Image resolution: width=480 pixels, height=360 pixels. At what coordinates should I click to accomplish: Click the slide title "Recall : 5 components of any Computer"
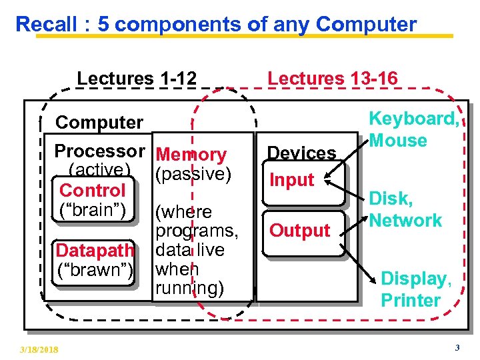click(216, 24)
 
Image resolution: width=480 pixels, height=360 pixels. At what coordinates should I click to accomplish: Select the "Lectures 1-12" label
click(137, 79)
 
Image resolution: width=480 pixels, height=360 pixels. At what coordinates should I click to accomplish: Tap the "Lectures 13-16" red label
click(332, 79)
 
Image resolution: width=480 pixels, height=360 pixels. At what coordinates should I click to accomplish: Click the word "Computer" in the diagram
click(99, 123)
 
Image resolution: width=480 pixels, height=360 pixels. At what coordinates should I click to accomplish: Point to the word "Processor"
click(99, 151)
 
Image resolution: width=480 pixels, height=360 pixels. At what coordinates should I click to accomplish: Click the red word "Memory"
click(191, 155)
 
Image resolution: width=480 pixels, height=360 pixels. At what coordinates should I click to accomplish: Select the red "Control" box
click(93, 191)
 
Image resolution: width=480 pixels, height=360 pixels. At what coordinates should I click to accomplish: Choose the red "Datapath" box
click(95, 251)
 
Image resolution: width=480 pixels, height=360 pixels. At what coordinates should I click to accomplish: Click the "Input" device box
click(291, 180)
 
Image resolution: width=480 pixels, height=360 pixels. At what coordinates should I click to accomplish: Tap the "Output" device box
click(299, 231)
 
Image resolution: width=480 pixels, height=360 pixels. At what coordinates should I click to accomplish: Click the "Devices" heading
click(302, 153)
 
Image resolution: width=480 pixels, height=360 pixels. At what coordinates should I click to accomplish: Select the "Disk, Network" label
click(405, 210)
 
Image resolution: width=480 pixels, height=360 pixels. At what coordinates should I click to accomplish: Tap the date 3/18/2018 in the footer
click(39, 349)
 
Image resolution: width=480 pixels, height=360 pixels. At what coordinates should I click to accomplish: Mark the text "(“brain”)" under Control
click(93, 209)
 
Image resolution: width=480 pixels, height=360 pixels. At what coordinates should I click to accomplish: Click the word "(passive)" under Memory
click(193, 174)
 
